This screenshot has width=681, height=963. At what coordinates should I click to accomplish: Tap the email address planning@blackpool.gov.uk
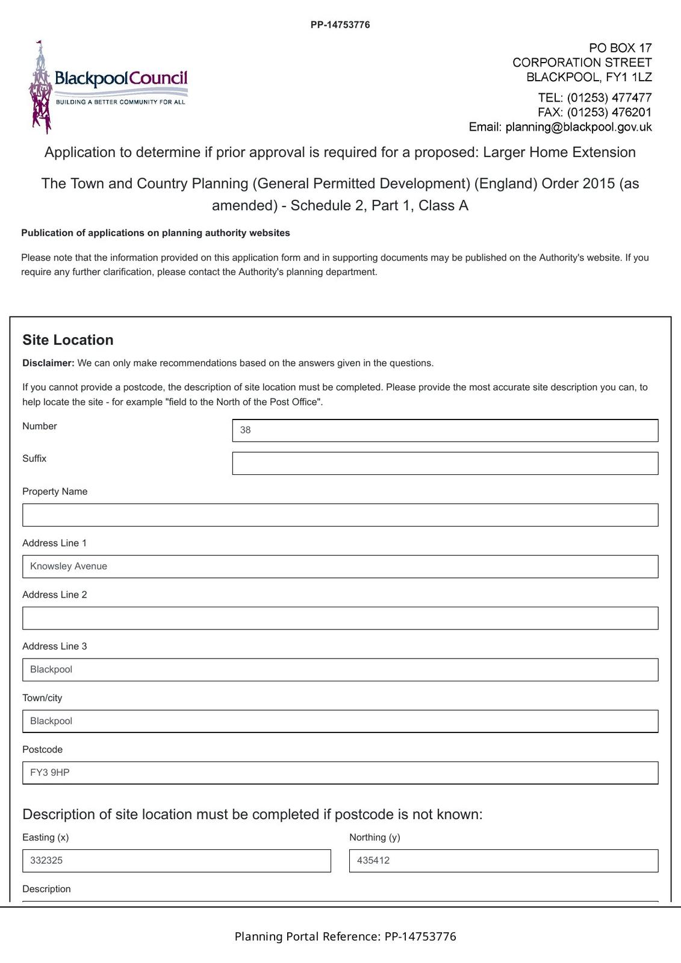[x=578, y=127]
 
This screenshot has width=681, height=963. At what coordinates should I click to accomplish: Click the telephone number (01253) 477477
[x=609, y=98]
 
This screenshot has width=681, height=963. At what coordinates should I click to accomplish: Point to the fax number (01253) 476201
[x=609, y=113]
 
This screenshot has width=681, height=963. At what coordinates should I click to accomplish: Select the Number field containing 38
[x=445, y=430]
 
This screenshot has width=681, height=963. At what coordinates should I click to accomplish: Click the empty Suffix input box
[x=445, y=463]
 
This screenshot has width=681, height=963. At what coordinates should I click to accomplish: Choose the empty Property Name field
[x=340, y=515]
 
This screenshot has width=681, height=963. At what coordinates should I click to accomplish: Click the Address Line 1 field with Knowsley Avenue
[x=340, y=566]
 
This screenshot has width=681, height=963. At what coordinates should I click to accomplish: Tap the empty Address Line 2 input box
[x=340, y=618]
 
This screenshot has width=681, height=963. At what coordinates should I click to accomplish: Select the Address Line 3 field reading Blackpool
[x=340, y=670]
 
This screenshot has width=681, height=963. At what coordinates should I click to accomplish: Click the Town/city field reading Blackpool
[x=340, y=721]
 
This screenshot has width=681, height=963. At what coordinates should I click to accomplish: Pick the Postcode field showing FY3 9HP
[x=340, y=773]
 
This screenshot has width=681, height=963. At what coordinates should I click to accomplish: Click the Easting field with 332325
[x=176, y=861]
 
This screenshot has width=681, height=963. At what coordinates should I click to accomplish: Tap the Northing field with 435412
[x=503, y=861]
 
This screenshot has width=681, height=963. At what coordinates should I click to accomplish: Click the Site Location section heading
[x=68, y=340]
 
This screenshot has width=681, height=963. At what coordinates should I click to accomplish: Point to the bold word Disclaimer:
[x=48, y=364]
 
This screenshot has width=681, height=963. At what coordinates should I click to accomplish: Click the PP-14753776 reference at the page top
[x=340, y=25]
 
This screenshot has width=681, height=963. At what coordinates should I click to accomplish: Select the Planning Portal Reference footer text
[x=345, y=937]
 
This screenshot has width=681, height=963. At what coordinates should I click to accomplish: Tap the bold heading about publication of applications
[x=155, y=233]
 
